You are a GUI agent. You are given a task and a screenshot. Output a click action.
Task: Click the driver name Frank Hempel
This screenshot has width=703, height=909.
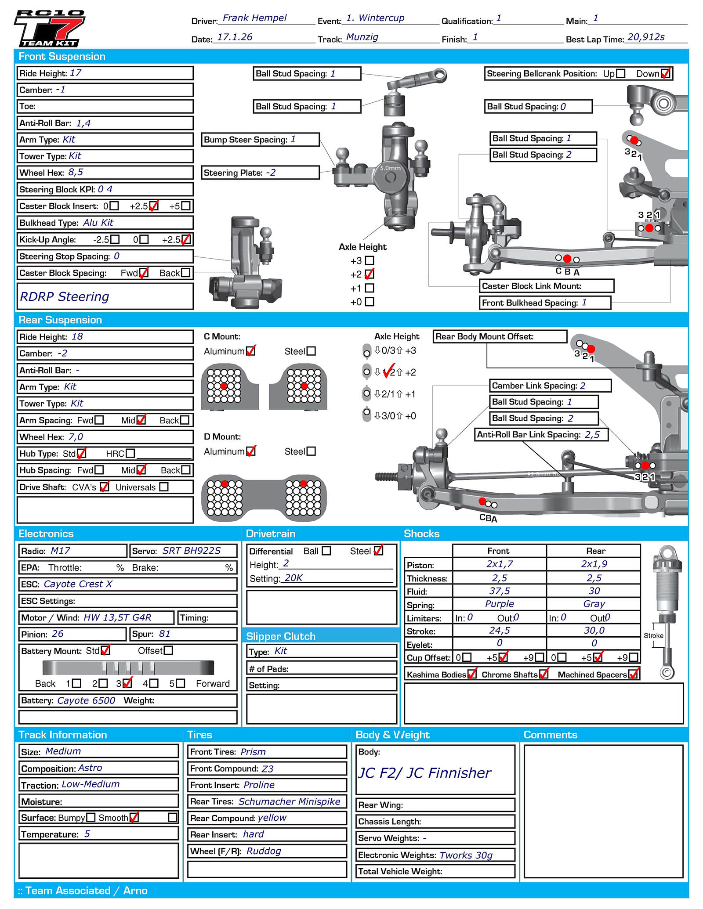254,18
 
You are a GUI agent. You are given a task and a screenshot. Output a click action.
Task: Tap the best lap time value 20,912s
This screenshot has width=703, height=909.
646,37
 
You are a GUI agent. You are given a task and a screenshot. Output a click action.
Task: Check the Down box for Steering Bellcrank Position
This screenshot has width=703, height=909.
666,73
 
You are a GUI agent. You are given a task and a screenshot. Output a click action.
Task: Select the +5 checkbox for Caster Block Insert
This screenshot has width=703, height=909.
186,206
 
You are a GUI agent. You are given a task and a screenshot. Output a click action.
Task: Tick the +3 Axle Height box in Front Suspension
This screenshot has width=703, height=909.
370,260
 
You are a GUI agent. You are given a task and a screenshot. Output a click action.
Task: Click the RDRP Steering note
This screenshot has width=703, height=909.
65,296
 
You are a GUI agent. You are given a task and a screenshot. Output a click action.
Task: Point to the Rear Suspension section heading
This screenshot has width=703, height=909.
60,320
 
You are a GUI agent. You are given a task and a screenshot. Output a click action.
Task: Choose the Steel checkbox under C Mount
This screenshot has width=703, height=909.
311,351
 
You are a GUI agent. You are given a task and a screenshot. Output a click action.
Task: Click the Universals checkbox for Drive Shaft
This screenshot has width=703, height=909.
164,487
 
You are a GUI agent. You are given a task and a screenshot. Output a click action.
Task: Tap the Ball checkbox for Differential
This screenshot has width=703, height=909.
326,551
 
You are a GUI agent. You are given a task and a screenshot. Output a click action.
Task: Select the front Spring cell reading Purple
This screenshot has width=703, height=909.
499,604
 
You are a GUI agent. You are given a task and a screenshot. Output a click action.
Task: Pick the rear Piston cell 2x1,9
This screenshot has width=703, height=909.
594,564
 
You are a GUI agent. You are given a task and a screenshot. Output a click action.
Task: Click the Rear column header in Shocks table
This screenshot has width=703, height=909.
595,551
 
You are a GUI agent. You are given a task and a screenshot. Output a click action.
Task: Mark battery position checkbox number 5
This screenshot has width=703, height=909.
180,683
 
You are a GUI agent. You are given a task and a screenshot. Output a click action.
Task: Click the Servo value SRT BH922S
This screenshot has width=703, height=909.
192,551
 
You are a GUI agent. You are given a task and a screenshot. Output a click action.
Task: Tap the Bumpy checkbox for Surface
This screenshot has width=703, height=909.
91,818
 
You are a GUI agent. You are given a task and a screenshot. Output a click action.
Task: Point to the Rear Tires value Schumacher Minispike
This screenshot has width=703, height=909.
289,801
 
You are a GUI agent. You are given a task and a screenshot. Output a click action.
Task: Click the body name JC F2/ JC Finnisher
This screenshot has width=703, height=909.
424,773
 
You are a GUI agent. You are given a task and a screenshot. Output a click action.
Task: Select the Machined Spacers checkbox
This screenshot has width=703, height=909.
633,674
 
